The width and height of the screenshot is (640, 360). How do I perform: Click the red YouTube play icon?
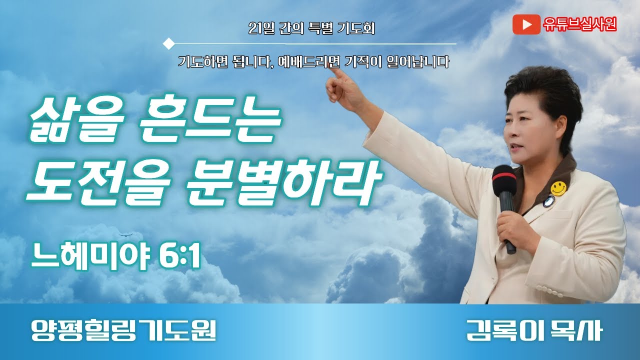pyautogui.click(x=526, y=24)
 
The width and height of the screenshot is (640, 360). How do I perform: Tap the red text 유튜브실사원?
pyautogui.click(x=580, y=24)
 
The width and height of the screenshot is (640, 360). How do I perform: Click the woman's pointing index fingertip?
pyautogui.click(x=331, y=69)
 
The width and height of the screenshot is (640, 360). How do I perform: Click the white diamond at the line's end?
pyautogui.click(x=169, y=43)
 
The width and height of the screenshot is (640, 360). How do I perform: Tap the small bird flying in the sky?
pyautogui.click(x=123, y=234)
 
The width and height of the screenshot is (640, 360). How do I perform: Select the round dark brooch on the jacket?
pyautogui.click(x=548, y=201)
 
